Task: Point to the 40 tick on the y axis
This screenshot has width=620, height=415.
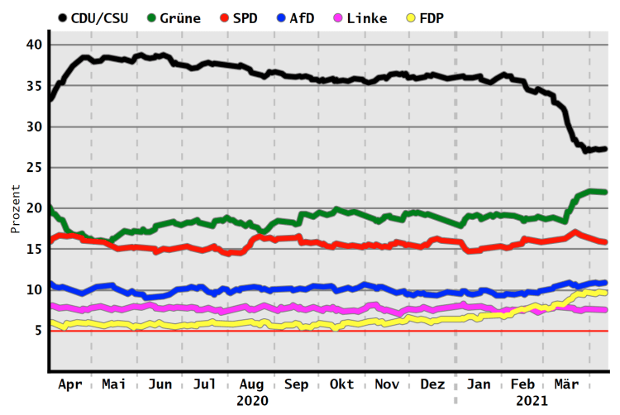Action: tap(33, 45)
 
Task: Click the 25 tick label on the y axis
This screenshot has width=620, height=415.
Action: tap(33, 167)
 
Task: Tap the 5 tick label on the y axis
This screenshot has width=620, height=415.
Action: tap(37, 331)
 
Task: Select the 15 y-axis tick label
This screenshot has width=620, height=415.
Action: tap(33, 249)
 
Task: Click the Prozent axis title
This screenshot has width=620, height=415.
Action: tap(16, 208)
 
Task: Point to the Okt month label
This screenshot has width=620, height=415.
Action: tap(341, 384)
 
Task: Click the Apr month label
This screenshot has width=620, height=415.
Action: tap(71, 384)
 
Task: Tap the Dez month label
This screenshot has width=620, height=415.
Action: tap(431, 384)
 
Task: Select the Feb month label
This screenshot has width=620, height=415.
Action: tap(521, 384)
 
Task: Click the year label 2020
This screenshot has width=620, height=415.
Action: tap(252, 401)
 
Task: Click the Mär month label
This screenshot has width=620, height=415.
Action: tap(566, 384)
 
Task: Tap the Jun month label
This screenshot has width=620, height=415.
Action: tap(160, 384)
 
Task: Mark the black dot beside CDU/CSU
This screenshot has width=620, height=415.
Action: tap(64, 17)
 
